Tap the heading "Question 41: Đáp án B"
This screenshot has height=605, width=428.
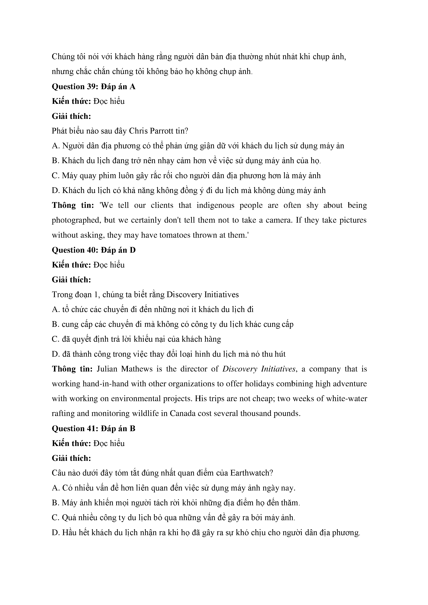click(x=94, y=429)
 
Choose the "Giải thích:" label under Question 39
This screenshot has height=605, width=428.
click(x=71, y=116)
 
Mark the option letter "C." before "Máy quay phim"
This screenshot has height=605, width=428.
click(x=55, y=176)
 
